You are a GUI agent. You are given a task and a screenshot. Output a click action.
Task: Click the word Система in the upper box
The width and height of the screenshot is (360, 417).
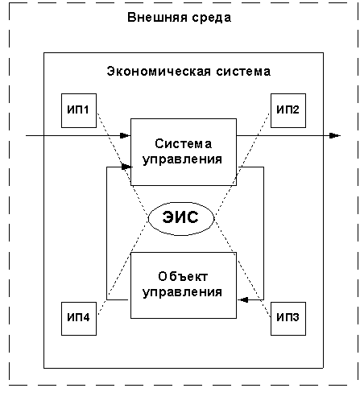184,144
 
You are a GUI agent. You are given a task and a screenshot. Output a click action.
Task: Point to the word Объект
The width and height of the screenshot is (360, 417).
183,276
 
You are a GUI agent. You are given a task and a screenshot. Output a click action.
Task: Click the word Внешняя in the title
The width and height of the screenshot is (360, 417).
157,18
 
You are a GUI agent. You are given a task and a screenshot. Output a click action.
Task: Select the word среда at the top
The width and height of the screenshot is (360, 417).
212,18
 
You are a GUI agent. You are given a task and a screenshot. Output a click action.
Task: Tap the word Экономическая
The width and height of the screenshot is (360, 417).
159,72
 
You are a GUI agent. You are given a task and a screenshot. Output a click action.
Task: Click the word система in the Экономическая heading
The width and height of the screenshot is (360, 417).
243,72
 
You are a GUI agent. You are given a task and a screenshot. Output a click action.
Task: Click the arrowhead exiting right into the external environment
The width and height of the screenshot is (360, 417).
335,135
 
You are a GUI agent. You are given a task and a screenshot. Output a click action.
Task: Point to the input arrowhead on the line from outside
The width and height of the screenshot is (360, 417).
125,135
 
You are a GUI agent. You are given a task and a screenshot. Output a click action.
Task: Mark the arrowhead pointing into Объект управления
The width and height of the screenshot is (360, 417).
243,299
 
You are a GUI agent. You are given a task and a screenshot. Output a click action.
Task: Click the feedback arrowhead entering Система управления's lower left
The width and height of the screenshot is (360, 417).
126,167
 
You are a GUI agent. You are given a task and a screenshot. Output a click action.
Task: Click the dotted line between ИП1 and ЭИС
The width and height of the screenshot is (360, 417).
122,164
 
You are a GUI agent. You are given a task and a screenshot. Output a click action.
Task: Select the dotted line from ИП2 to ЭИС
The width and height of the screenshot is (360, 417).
242,164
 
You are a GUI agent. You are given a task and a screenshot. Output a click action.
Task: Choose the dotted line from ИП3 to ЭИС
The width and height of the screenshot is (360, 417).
242,269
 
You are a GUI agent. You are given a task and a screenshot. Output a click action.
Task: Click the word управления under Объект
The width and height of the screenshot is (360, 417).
182,292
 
